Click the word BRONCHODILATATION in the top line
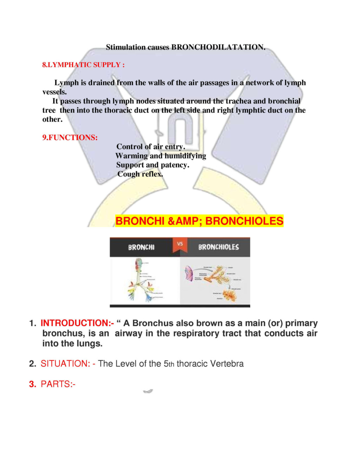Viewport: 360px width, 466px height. pyautogui.click(x=218, y=47)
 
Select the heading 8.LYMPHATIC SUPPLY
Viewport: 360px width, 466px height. pyautogui.click(x=83, y=65)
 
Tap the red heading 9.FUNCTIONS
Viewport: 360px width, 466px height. pyautogui.click(x=70, y=138)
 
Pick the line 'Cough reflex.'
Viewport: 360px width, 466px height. pyautogui.click(x=140, y=174)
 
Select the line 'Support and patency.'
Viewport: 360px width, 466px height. pyautogui.click(x=153, y=165)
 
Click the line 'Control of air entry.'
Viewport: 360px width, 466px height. pyautogui.click(x=150, y=147)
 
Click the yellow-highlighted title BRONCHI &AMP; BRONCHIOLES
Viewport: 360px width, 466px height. pyautogui.click(x=199, y=221)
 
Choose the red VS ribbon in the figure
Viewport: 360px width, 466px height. pyautogui.click(x=180, y=244)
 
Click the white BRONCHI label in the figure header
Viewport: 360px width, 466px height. pyautogui.click(x=141, y=247)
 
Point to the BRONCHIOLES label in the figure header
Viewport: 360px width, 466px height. pyautogui.click(x=218, y=247)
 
